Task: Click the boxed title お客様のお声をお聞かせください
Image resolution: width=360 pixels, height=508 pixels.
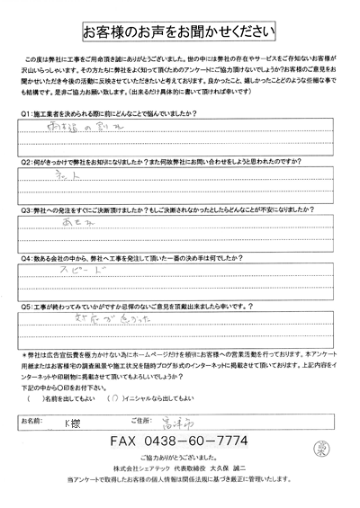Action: click(x=180, y=31)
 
